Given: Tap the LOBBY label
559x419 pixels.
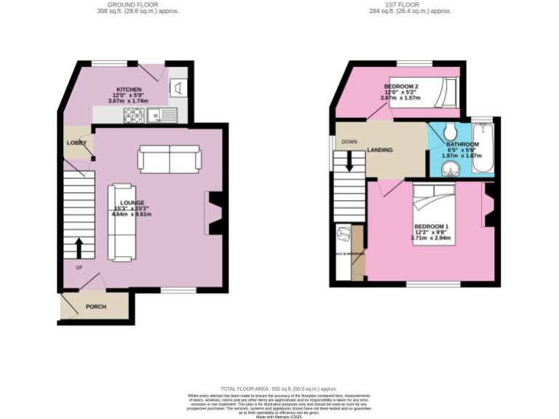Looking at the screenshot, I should [x=76, y=143].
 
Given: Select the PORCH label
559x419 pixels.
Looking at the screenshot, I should [x=96, y=306].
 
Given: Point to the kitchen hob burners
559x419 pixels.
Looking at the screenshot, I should [x=134, y=115].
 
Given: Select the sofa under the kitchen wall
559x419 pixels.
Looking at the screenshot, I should [x=170, y=159].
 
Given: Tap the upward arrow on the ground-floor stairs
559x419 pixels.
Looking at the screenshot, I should [x=79, y=247].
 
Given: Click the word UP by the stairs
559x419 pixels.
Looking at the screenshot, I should [x=79, y=268].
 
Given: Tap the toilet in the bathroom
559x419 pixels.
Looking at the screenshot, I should [x=449, y=131].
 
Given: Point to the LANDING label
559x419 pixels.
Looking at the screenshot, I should [x=380, y=150].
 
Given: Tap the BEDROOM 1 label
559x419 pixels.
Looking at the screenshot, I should [x=431, y=226].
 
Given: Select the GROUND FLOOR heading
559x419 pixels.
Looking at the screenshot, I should [x=138, y=4].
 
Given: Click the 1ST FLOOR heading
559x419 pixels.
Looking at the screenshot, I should [x=410, y=4].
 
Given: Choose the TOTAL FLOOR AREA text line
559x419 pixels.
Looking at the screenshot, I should [x=279, y=389].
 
